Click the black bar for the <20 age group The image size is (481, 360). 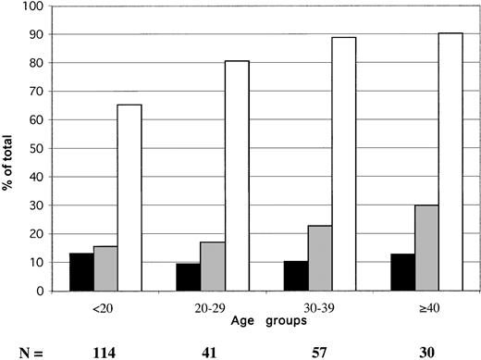tap(81, 272)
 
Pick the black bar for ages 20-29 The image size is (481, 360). tap(188, 278)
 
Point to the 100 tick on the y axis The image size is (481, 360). tap(35, 6)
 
